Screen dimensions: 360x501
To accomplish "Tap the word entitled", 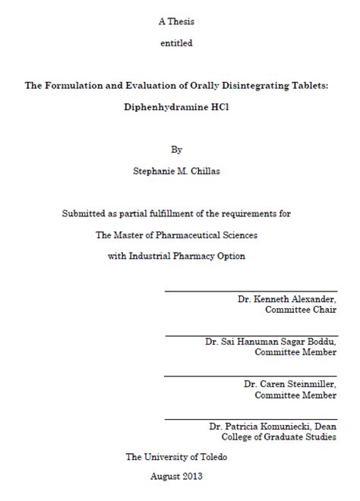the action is point(176,43).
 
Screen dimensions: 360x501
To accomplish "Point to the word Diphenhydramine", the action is point(163,107).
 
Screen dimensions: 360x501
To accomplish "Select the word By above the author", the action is point(177,150).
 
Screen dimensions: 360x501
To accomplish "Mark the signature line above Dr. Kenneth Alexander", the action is point(251,291).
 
